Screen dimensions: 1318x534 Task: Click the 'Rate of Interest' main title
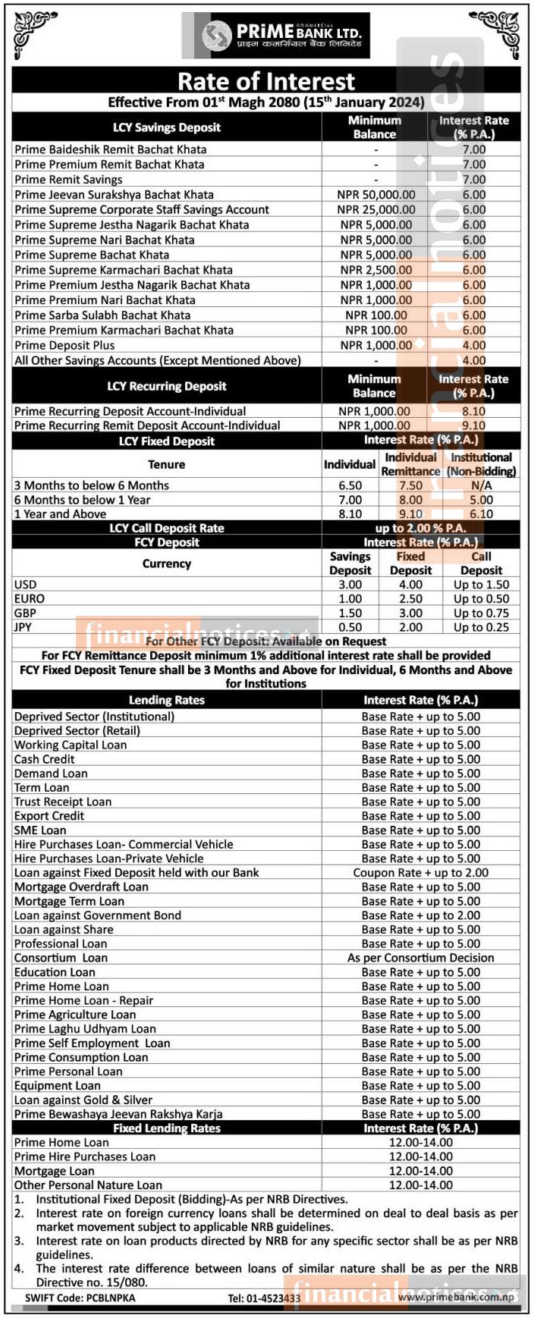pyautogui.click(x=266, y=80)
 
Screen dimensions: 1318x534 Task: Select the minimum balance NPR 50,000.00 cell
pyautogui.click(x=375, y=194)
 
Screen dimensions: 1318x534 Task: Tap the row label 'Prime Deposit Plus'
pyautogui.click(x=64, y=345)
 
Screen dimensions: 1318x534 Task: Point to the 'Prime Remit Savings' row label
pyautogui.click(x=68, y=179)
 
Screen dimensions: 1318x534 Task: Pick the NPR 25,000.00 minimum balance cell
pyautogui.click(x=375, y=209)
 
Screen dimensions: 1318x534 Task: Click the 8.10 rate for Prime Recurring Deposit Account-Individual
pyautogui.click(x=473, y=411)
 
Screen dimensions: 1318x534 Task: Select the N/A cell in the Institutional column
pyautogui.click(x=481, y=485)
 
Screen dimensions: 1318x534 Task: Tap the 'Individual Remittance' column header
pyautogui.click(x=410, y=464)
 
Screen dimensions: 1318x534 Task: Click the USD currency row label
pyautogui.click(x=25, y=585)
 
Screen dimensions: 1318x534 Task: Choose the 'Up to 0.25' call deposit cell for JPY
pyautogui.click(x=481, y=627)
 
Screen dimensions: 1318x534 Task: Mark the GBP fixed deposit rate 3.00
pyautogui.click(x=410, y=613)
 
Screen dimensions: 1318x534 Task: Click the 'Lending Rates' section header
pyautogui.click(x=166, y=700)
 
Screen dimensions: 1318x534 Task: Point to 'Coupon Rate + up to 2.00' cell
pyautogui.click(x=420, y=872)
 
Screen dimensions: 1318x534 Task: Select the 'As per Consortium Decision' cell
pyautogui.click(x=420, y=958)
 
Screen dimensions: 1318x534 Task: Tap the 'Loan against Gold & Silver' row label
pyautogui.click(x=83, y=1100)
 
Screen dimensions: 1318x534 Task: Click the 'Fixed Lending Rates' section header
pyautogui.click(x=166, y=1128)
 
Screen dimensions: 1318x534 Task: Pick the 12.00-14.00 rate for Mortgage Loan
pyautogui.click(x=420, y=1171)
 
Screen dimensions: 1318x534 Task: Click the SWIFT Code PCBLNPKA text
pyautogui.click(x=80, y=1298)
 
